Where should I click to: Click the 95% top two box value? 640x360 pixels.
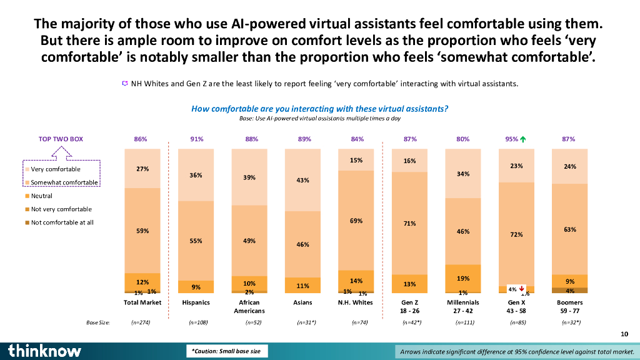(511, 139)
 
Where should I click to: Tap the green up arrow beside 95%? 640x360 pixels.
(522, 139)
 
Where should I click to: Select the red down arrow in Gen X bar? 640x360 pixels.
(521, 289)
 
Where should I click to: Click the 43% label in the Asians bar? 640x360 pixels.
(303, 181)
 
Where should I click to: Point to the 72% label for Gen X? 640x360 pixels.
(516, 234)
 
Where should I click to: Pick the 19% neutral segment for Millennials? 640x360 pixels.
(463, 278)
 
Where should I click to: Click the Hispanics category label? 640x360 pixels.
(196, 302)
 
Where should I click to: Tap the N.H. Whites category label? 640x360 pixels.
(355, 302)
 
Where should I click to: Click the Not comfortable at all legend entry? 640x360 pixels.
(62, 222)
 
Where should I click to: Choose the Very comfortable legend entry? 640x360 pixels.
(56, 169)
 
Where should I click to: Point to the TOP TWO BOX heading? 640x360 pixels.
(61, 139)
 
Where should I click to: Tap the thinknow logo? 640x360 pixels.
(45, 351)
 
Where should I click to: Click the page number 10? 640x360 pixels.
(624, 335)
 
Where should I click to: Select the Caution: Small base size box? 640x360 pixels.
(227, 351)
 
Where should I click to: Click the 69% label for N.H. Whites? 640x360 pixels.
(356, 221)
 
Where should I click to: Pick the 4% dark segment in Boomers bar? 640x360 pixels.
(569, 291)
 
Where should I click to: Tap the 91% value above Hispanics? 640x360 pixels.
(196, 139)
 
